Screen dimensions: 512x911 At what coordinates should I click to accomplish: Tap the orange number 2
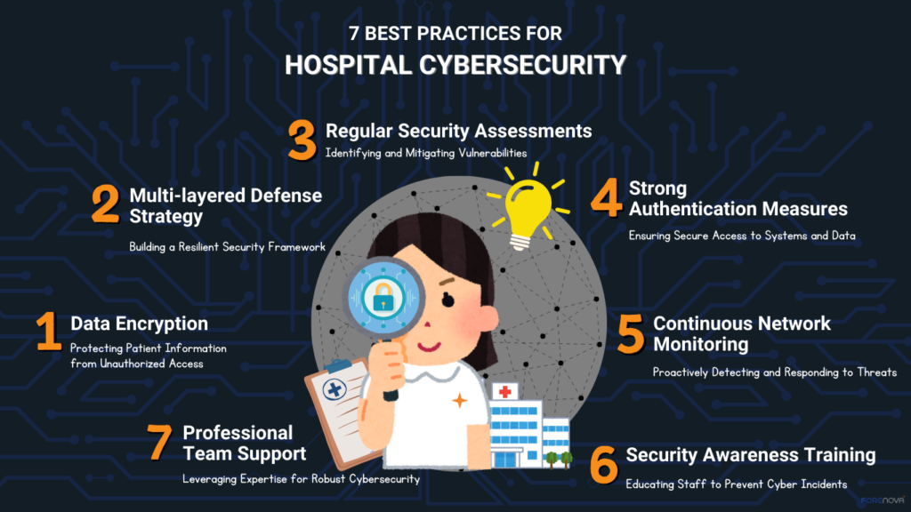pyautogui.click(x=105, y=204)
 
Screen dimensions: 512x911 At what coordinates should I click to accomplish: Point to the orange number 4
pyautogui.click(x=607, y=199)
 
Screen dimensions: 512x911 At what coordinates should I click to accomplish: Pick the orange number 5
pyautogui.click(x=630, y=332)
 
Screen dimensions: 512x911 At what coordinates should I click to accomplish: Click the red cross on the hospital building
pyautogui.click(x=505, y=392)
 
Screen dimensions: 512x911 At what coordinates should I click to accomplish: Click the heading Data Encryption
pyautogui.click(x=139, y=324)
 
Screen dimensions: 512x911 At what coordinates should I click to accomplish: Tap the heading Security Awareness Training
pyautogui.click(x=750, y=455)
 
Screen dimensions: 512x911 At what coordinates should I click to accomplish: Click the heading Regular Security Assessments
pyautogui.click(x=458, y=131)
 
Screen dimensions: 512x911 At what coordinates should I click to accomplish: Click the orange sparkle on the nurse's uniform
pyautogui.click(x=460, y=401)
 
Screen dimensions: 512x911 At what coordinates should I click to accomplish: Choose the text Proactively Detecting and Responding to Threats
pyautogui.click(x=774, y=372)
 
